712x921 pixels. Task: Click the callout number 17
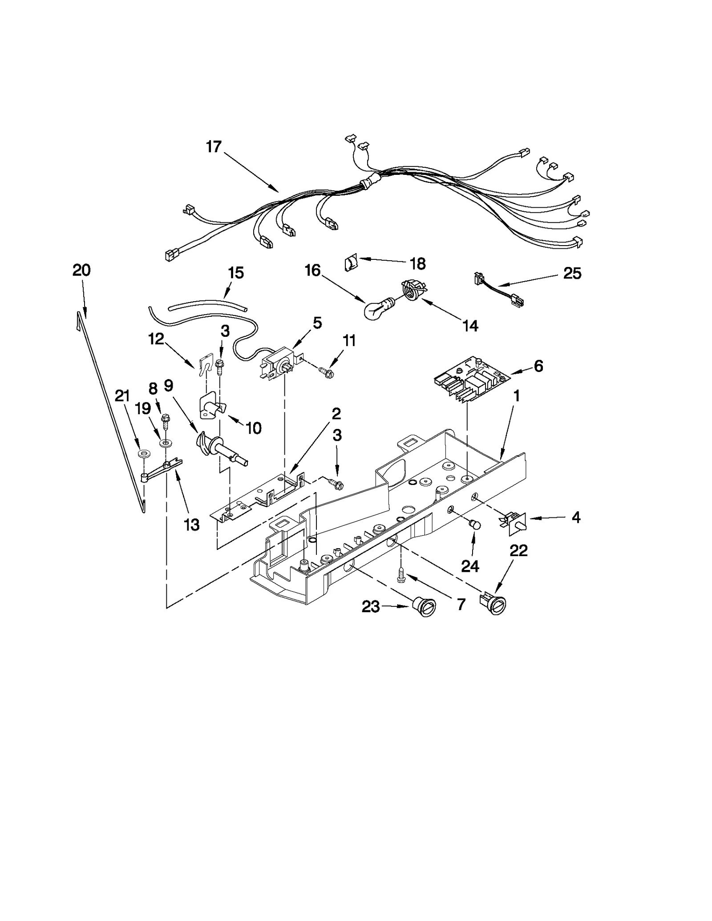(214, 146)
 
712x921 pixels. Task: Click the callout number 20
(81, 270)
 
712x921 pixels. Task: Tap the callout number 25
(572, 273)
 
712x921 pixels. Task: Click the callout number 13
(192, 525)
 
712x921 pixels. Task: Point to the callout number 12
(156, 339)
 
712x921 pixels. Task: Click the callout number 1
(517, 396)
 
